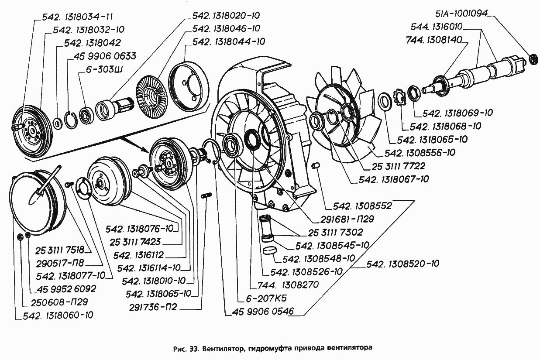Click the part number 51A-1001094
(x=464, y=14)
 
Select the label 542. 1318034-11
(x=78, y=17)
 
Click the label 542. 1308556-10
(x=420, y=153)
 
